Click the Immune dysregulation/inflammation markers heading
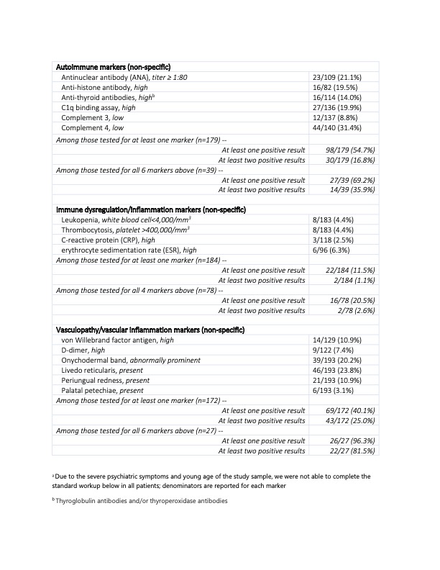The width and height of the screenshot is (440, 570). (151, 209)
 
